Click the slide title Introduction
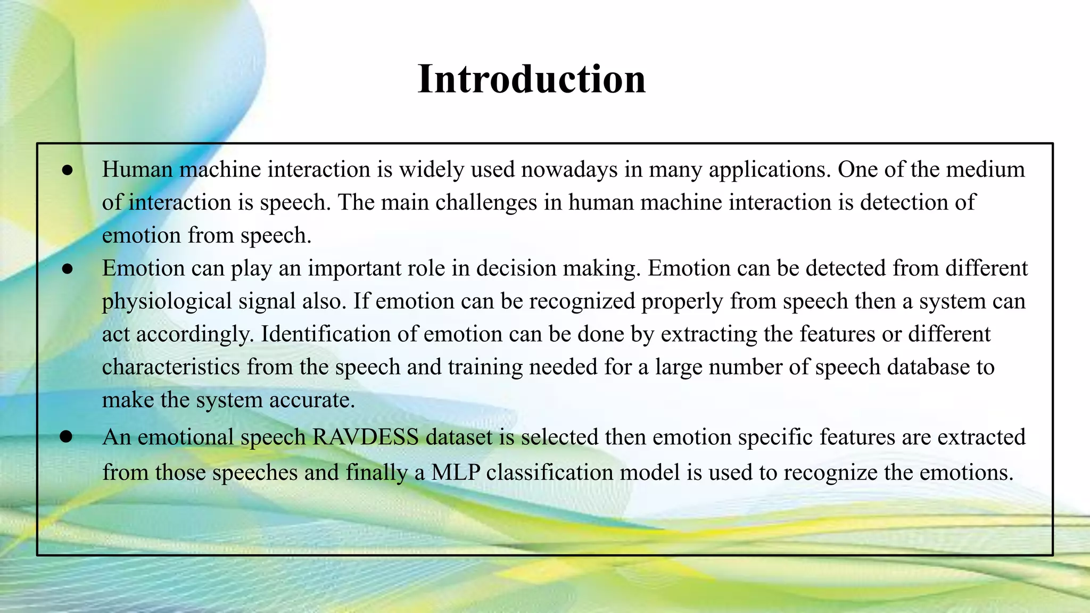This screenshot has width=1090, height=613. [531, 79]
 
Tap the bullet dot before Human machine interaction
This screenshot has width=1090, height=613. [67, 170]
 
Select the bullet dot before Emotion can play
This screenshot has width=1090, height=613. [67, 269]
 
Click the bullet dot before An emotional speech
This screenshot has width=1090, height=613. [66, 437]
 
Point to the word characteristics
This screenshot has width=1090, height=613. [171, 368]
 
